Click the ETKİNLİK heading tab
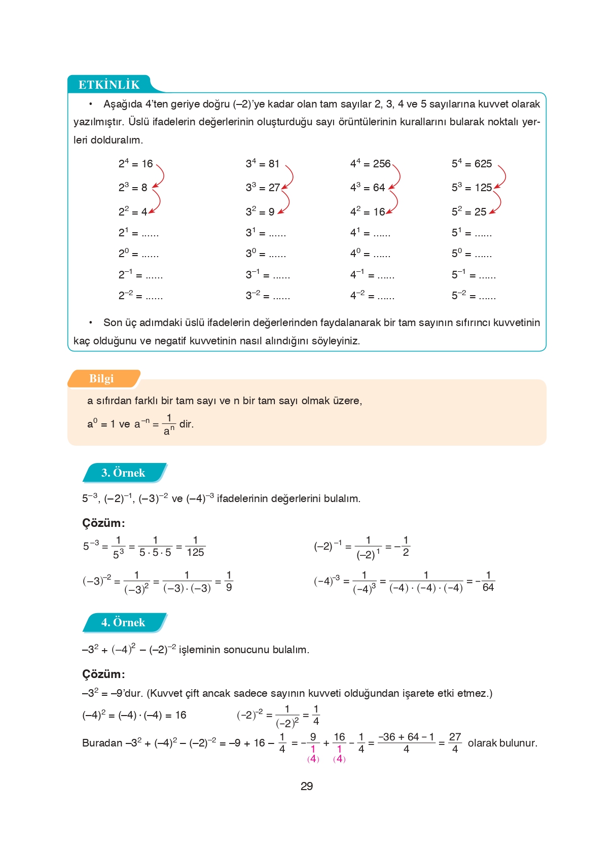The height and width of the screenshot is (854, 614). point(109,84)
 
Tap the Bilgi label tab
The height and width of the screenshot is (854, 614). point(101,378)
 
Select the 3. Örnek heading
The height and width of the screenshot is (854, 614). point(123,473)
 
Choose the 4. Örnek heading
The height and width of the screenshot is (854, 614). point(123,622)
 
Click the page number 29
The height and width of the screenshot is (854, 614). point(307,786)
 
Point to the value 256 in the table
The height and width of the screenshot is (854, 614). point(382,164)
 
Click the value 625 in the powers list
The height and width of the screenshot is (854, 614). point(483,164)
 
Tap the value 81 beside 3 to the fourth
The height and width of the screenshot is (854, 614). point(274,164)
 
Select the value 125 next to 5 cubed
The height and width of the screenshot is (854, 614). point(483,188)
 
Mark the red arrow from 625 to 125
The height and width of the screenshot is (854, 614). point(501,176)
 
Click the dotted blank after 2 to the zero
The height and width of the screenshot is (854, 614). point(150,255)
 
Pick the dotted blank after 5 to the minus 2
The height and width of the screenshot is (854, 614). point(487,297)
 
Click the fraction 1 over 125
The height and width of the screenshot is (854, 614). point(195,546)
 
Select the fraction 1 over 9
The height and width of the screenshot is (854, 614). point(229,581)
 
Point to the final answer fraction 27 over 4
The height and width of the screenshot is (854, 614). point(455,742)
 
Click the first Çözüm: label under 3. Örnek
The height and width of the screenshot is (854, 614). point(103,523)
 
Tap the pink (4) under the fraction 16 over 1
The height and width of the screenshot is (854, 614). point(339,759)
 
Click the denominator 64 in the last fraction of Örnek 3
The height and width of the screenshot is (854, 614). point(488,587)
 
